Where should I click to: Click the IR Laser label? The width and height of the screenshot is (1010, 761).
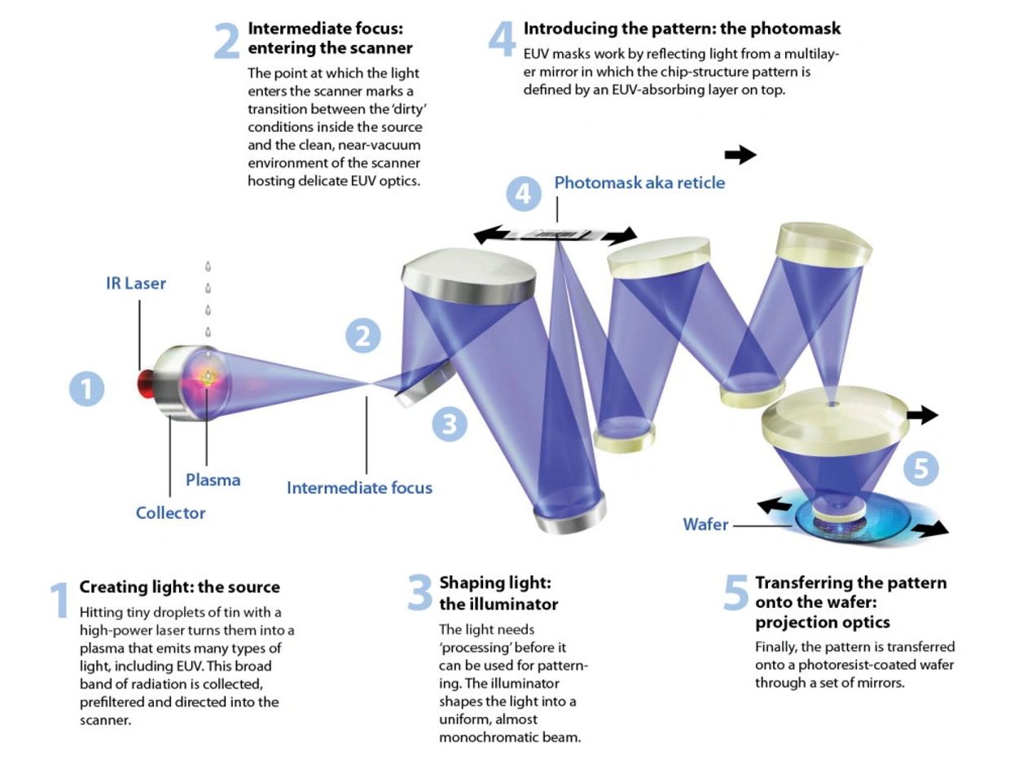coord(136,284)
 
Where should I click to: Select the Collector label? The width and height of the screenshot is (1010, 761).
coord(170,513)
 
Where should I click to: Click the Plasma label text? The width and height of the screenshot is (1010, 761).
coord(213,481)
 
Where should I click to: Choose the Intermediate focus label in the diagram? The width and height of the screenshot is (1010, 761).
coord(359,488)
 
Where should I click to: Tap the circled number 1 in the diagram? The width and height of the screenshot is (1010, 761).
coord(86,389)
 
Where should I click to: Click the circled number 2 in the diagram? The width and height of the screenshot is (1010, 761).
coord(363,336)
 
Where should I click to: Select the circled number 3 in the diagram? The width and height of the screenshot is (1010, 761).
coord(450,424)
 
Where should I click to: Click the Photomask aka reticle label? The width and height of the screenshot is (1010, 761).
coord(639,183)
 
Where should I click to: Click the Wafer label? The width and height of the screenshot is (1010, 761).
coord(705,525)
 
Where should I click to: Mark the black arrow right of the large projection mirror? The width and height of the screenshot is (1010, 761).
coord(922,415)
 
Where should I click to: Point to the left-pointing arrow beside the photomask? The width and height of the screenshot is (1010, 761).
coord(491,235)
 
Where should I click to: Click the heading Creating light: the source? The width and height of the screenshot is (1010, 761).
coord(179,587)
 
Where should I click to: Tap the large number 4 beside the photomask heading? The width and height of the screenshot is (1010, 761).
coord(502,40)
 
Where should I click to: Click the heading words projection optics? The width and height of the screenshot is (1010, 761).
coord(823,622)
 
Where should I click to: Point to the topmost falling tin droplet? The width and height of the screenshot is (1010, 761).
coord(208,266)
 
